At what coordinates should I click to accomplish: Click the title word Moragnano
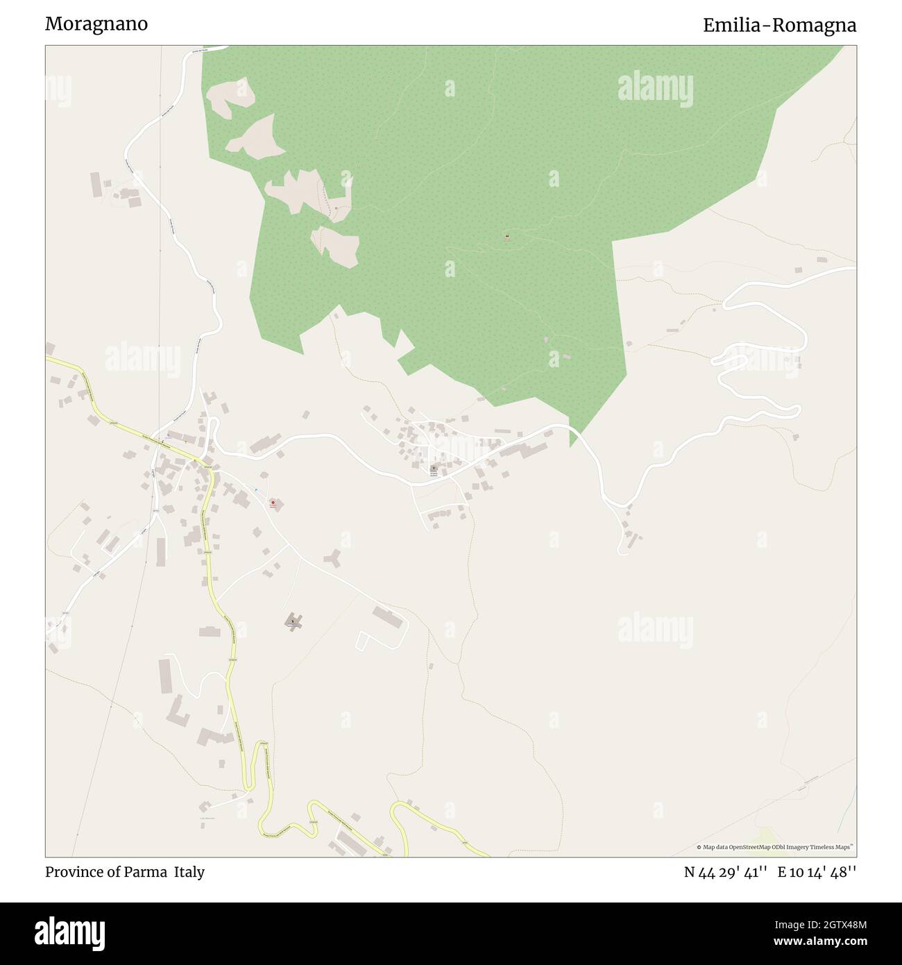96,24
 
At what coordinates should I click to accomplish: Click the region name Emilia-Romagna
779,26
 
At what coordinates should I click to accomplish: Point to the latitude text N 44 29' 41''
725,873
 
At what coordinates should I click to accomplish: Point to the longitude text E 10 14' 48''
817,873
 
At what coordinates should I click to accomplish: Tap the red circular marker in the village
273,503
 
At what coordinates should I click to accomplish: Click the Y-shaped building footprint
334,558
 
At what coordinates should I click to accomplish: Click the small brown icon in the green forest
507,237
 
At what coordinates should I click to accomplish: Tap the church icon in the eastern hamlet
434,469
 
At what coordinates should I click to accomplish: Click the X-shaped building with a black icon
293,620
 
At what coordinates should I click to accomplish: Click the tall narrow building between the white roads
161,551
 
